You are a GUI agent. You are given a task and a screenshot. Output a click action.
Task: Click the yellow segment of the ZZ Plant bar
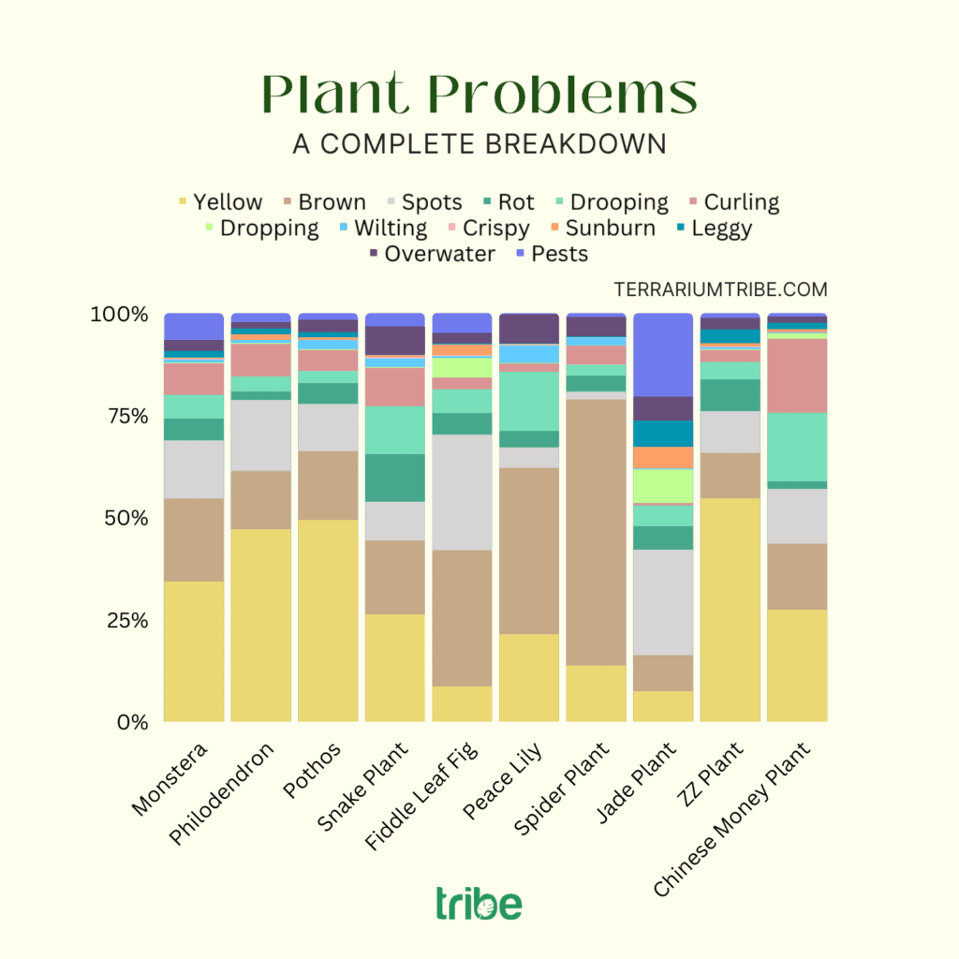tap(730, 609)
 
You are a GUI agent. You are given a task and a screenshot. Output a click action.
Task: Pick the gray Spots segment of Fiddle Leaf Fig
tap(463, 492)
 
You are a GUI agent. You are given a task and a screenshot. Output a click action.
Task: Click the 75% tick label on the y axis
tap(119, 416)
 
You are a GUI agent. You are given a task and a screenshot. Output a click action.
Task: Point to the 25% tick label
tap(119, 620)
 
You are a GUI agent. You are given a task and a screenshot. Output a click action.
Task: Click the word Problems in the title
tap(562, 95)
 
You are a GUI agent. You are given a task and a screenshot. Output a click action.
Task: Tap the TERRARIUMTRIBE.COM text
tap(720, 290)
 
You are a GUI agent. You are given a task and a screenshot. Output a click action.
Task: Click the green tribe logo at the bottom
tap(479, 905)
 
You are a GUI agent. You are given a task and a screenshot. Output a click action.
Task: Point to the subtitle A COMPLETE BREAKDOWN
tap(479, 144)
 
